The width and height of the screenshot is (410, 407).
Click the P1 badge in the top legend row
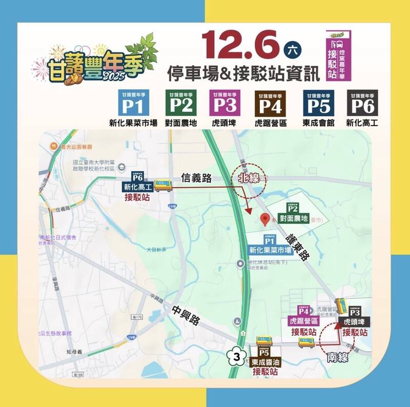coord(133,104)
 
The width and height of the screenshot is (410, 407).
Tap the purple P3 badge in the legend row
coord(224,104)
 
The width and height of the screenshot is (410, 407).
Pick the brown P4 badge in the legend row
coord(270,104)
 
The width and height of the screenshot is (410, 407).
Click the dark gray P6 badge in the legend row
coord(362,104)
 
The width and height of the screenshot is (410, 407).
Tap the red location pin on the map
coord(265,220)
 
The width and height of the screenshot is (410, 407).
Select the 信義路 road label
coord(197,178)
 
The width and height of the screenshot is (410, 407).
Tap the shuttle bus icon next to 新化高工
coord(163,185)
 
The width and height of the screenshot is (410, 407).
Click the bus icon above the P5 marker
coord(264,341)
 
